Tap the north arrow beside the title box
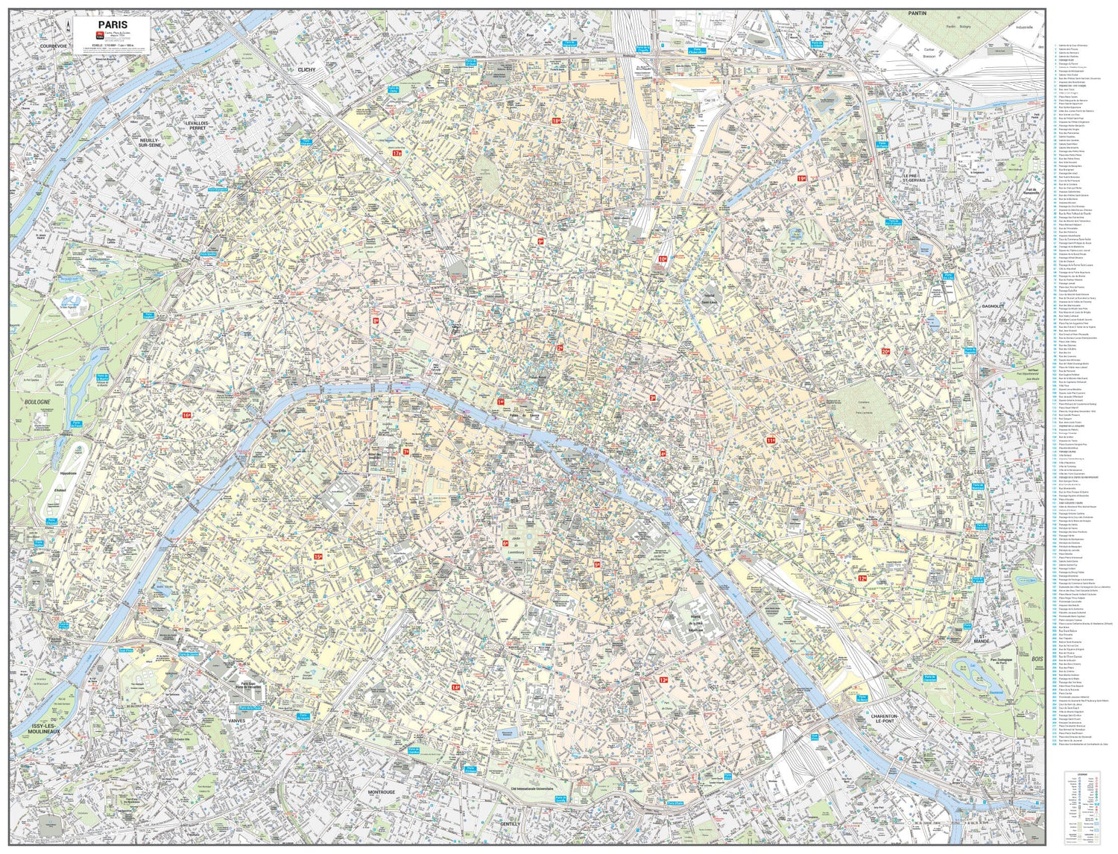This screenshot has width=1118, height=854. (68, 28)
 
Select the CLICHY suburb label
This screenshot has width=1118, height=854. (306, 69)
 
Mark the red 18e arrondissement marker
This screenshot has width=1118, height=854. (556, 120)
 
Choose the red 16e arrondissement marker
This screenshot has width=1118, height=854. (186, 414)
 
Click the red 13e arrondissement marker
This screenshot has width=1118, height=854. (663, 680)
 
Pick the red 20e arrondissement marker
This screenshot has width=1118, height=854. (885, 351)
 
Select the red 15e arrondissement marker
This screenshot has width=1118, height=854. (318, 556)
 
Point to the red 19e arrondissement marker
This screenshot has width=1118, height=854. (801, 178)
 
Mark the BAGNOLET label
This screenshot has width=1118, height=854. (994, 306)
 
